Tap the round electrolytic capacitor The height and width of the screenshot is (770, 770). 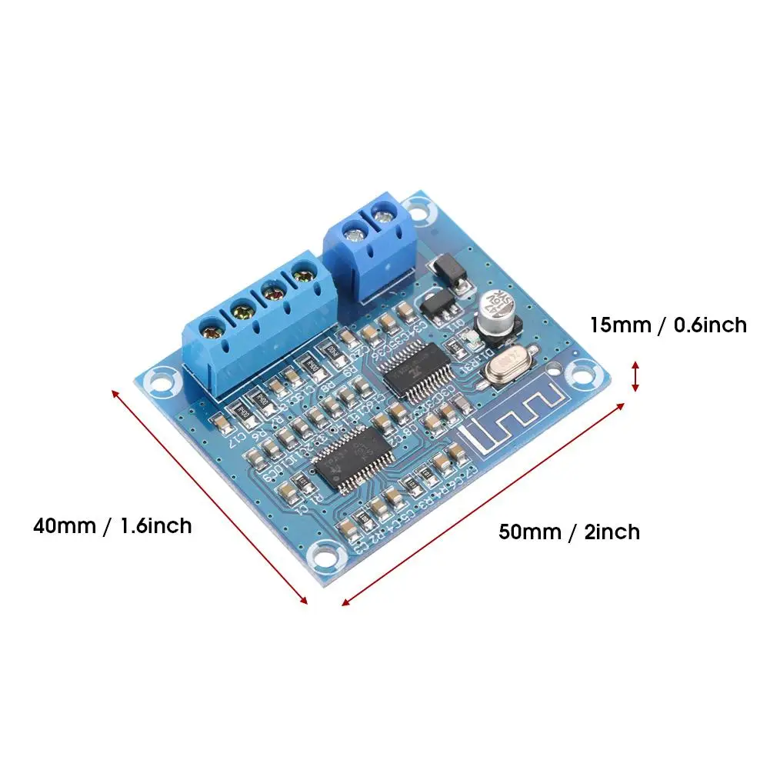[492, 312]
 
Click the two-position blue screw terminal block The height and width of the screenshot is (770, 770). [368, 246]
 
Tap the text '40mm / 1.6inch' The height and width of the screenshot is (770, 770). [112, 526]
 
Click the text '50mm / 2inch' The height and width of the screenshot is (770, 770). [568, 532]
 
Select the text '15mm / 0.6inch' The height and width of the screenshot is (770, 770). [668, 325]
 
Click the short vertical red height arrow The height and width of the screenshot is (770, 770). [635, 376]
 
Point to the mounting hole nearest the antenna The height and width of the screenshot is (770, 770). [577, 375]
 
